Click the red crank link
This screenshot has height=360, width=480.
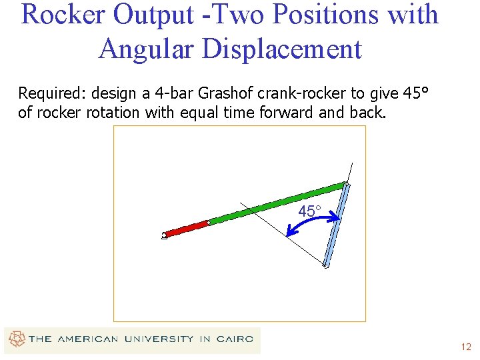pyautogui.click(x=187, y=229)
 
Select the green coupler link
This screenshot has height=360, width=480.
pyautogui.click(x=277, y=203)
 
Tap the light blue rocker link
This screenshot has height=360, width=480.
pyautogui.click(x=335, y=225)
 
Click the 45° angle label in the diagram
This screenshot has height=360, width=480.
pyautogui.click(x=309, y=211)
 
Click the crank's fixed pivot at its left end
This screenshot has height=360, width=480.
pyautogui.click(x=164, y=235)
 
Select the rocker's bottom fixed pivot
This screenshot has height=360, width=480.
pyautogui.click(x=326, y=265)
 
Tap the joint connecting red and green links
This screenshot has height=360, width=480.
pyautogui.click(x=209, y=222)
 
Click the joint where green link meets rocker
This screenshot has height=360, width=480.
pyautogui.click(x=345, y=185)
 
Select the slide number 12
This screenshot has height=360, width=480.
pyautogui.click(x=465, y=347)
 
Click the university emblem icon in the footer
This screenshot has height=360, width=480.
pyautogui.click(x=16, y=339)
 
